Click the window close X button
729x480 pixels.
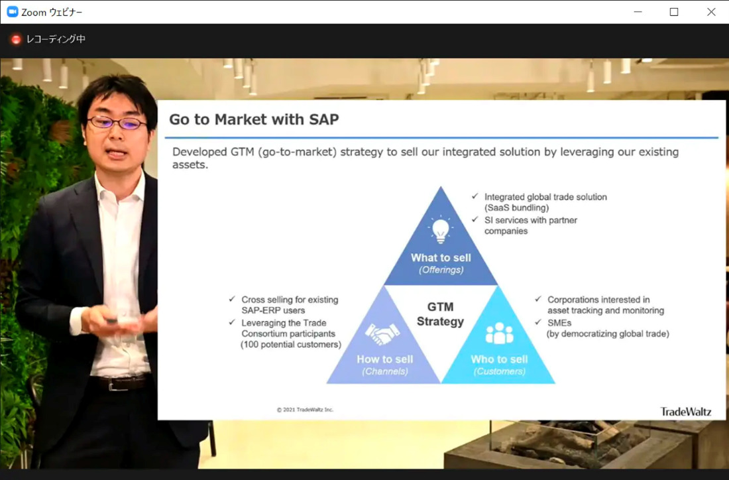[711, 12]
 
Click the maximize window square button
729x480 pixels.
[674, 12]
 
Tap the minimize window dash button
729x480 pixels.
[638, 12]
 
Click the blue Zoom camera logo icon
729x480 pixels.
[13, 12]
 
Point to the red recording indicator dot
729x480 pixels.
[16, 40]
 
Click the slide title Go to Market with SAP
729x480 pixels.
[254, 119]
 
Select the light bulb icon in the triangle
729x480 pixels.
[440, 230]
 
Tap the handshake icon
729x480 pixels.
[382, 333]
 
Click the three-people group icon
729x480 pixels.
[499, 333]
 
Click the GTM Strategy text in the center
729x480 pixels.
[440, 314]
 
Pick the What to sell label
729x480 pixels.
[441, 258]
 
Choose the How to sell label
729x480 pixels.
[385, 359]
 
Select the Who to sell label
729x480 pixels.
[499, 359]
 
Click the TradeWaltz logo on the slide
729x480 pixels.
[686, 412]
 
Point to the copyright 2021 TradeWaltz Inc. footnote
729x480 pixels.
[305, 410]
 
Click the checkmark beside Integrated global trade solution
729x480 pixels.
[475, 196]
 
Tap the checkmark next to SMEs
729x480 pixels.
[538, 322]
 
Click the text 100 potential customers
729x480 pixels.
[290, 345]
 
